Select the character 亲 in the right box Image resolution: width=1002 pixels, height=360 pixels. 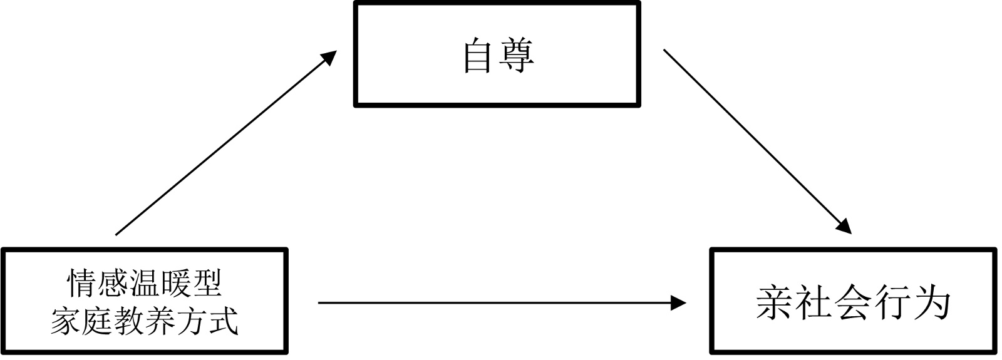pyautogui.click(x=775, y=304)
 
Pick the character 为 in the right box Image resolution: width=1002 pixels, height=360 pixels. pyautogui.click(x=932, y=304)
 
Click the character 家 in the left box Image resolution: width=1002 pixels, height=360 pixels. pyautogui.click(x=66, y=321)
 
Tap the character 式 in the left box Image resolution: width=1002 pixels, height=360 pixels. pyautogui.click(x=223, y=321)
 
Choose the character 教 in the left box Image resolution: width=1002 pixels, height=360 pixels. pyautogui.click(x=129, y=321)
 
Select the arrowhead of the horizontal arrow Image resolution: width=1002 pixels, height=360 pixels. pyautogui.click(x=678, y=303)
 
